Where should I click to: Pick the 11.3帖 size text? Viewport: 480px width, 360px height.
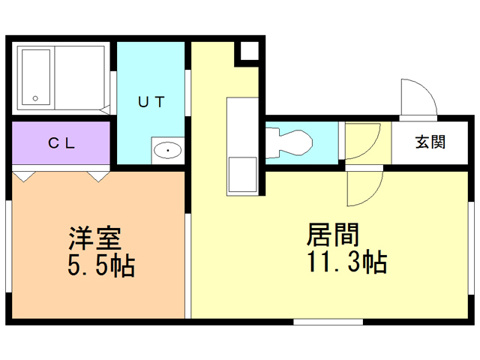[x=346, y=262]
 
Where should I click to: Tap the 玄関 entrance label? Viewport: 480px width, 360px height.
[x=430, y=142]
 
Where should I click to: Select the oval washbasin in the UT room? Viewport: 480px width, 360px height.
[x=167, y=151]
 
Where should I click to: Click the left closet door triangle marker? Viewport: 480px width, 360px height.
[x=25, y=177]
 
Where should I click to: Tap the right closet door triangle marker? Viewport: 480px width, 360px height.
[x=98, y=177]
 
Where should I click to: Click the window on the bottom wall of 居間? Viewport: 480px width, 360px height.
[x=328, y=322]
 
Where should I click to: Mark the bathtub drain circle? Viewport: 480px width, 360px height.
[x=34, y=97]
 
